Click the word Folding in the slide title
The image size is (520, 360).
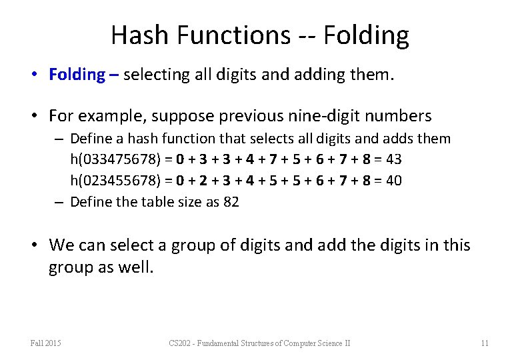(366, 35)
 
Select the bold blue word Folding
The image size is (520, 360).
(77, 75)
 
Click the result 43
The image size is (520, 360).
(393, 159)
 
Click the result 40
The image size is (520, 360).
(393, 181)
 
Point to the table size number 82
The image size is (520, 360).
(231, 201)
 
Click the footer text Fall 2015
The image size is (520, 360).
(46, 343)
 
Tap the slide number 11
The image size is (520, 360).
(485, 343)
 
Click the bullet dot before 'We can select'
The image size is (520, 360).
(37, 245)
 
